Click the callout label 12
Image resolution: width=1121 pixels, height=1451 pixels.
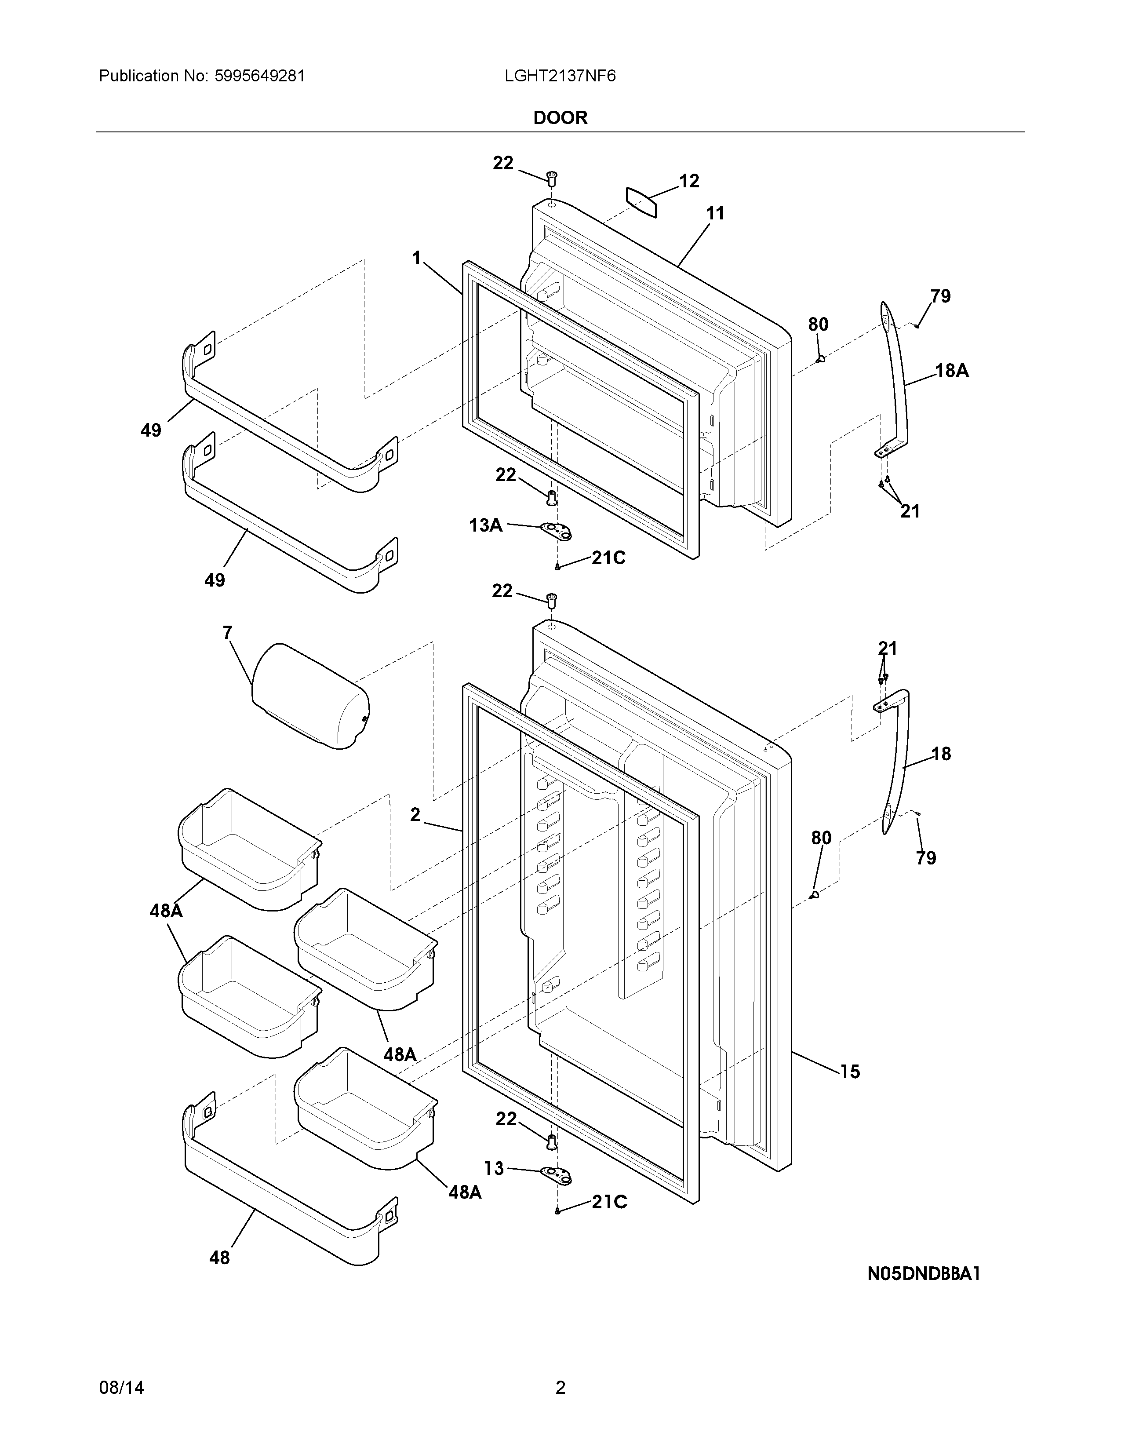(x=689, y=181)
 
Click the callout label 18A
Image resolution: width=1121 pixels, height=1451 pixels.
(x=952, y=371)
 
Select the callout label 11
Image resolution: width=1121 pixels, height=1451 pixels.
(x=714, y=213)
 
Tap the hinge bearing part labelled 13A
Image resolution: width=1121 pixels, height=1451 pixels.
(x=557, y=530)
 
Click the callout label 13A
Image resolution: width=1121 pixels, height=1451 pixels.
(x=485, y=525)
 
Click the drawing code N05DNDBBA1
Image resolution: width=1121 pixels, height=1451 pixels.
(x=924, y=1274)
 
